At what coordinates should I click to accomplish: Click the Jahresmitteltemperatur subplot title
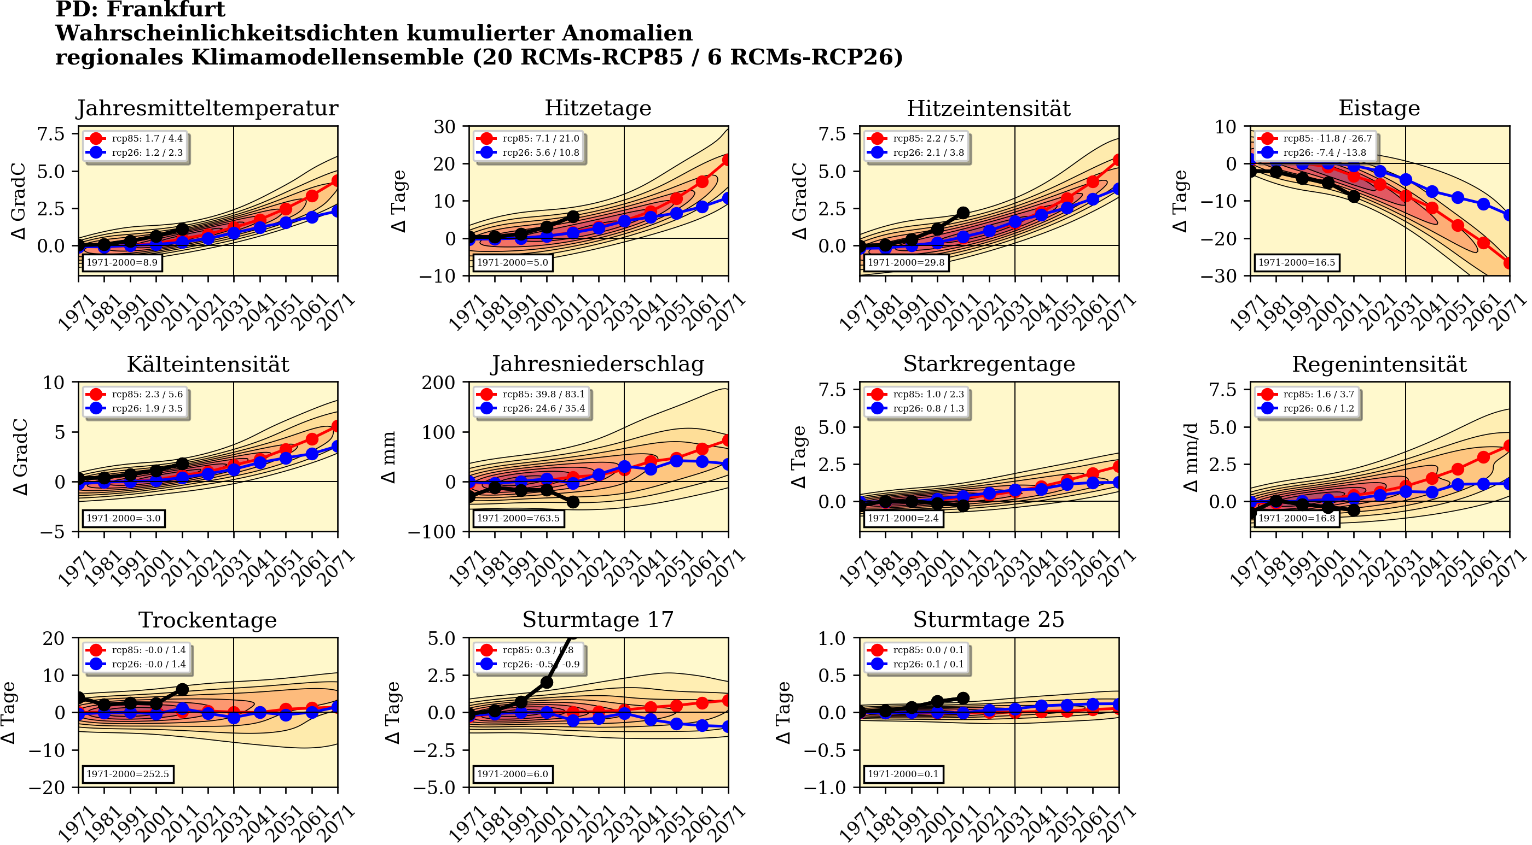point(207,108)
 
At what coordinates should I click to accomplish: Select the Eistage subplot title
point(1379,108)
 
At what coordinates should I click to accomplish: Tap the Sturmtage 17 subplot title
point(597,620)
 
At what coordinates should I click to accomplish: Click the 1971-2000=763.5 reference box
point(518,518)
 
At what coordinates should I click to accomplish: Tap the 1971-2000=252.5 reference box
point(127,774)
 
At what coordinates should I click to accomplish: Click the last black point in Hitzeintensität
point(963,213)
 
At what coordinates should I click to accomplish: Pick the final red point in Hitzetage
point(727,160)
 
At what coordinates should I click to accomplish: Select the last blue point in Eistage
point(1509,215)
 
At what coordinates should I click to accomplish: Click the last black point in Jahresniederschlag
point(573,502)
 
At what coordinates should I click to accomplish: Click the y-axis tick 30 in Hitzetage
point(444,127)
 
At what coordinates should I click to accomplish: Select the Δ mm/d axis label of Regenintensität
point(1191,457)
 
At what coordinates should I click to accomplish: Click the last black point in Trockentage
point(183,689)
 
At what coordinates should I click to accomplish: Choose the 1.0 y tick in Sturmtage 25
point(832,639)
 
